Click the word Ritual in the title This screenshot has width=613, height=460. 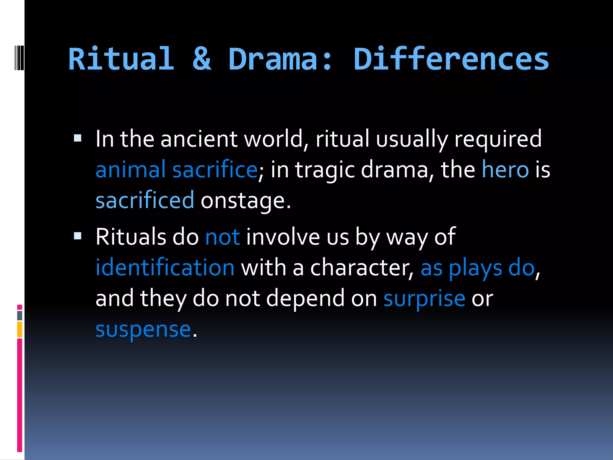(121, 59)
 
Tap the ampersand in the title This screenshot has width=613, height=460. (202, 59)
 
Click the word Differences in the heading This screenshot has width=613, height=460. (451, 59)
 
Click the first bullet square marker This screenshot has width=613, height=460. (78, 138)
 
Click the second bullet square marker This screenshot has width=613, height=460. (78, 236)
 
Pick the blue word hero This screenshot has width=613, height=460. (505, 170)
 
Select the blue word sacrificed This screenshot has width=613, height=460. (145, 200)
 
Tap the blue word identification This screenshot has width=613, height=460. (165, 267)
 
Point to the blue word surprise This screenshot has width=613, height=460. (424, 299)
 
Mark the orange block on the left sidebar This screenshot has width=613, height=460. (19, 329)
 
